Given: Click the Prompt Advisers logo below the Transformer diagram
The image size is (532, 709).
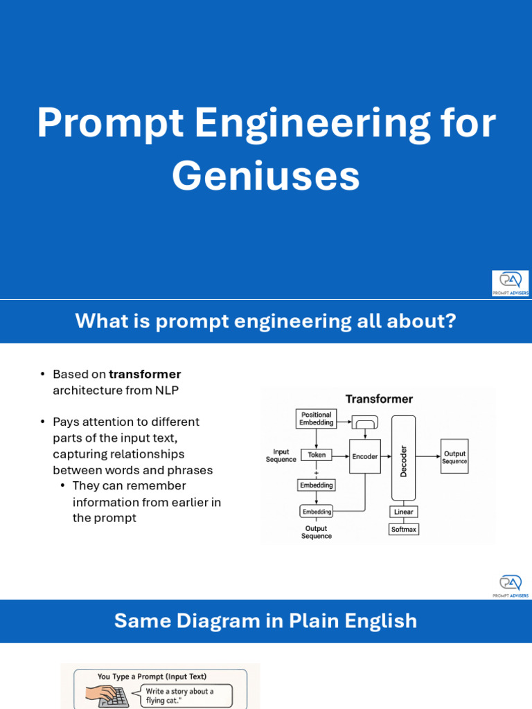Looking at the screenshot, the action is click(x=510, y=586).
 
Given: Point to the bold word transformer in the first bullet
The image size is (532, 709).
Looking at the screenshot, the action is click(x=145, y=375).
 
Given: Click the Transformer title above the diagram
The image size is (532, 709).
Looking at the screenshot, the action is click(x=379, y=399).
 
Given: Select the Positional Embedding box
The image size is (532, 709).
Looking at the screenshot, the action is click(x=317, y=418).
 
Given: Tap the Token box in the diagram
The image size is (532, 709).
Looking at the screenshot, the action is click(x=317, y=456).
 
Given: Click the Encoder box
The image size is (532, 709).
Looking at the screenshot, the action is click(x=365, y=456).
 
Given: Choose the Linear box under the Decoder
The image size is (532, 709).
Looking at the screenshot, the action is click(x=403, y=512).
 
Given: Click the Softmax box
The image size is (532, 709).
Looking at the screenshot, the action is click(x=403, y=530).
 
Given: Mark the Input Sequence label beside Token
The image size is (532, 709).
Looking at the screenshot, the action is click(x=281, y=456).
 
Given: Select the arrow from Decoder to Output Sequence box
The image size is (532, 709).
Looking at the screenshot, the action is click(x=428, y=456).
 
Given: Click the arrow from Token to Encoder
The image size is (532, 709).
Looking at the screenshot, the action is click(x=340, y=456).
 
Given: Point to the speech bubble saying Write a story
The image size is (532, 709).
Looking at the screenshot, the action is click(x=188, y=695).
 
